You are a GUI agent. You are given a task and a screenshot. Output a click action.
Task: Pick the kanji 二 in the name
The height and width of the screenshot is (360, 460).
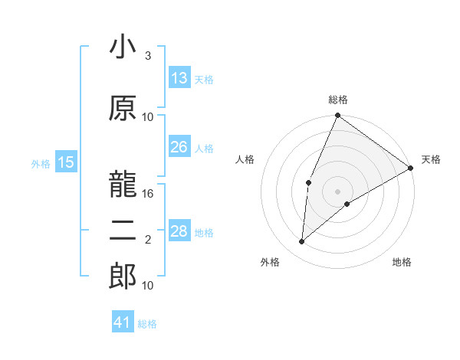(123, 231)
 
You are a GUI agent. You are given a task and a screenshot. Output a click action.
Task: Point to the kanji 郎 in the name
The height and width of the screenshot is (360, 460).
(123, 276)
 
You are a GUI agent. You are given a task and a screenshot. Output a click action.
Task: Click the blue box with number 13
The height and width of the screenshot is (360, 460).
(179, 78)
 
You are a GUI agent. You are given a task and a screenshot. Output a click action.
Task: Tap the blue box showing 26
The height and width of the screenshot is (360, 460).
(179, 147)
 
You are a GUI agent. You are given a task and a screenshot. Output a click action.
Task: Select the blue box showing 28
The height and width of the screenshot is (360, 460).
(179, 231)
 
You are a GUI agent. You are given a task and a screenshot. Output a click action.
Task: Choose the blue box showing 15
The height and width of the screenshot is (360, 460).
(66, 162)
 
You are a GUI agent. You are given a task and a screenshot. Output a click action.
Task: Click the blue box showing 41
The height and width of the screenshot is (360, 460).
(123, 322)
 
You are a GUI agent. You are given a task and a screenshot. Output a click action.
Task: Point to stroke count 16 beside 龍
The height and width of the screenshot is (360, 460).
(149, 194)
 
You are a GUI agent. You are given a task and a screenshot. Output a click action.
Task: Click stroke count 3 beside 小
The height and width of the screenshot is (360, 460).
(148, 56)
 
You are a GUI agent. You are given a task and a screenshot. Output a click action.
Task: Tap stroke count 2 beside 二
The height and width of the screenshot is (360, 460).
(148, 240)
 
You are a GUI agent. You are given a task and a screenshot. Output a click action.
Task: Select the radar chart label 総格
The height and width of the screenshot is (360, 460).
(337, 100)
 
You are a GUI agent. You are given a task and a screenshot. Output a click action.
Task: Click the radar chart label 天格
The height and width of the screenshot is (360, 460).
(431, 159)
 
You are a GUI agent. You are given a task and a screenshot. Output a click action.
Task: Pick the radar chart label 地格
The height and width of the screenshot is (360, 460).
(402, 262)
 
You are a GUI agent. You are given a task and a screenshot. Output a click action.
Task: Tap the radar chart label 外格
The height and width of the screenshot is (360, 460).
(270, 262)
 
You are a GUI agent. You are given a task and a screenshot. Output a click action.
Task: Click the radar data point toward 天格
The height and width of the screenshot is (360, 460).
(411, 167)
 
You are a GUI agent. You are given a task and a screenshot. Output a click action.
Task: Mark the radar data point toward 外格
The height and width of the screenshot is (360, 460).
(302, 242)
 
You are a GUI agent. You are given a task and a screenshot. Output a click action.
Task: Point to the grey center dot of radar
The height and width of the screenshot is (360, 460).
(337, 191)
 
